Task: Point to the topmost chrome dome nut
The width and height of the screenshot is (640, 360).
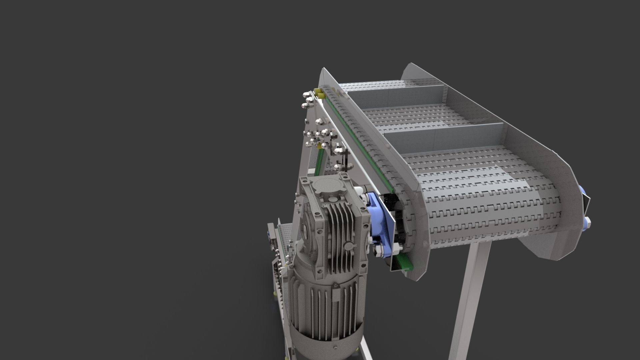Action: [x=73, y=94]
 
